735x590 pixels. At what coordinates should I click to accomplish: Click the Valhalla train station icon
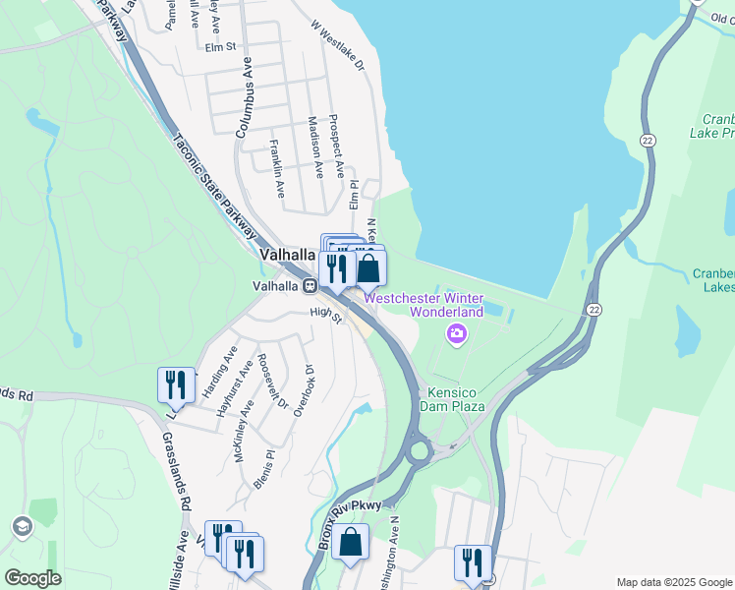click(x=310, y=286)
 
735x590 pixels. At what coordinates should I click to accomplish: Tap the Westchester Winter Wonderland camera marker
click(x=456, y=335)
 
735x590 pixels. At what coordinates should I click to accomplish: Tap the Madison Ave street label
click(x=314, y=148)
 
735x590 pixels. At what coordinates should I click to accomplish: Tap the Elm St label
click(x=221, y=46)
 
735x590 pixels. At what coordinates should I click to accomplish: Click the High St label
click(x=324, y=315)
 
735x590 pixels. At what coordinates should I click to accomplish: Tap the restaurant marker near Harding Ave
click(x=176, y=383)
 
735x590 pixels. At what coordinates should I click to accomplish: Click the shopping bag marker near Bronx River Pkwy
click(x=350, y=541)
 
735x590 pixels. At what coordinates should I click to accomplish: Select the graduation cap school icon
click(x=21, y=527)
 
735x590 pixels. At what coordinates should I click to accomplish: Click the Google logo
click(x=33, y=578)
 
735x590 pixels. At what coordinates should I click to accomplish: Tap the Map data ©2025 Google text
click(x=673, y=582)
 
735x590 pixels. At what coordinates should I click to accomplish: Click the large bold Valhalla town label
click(x=289, y=254)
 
